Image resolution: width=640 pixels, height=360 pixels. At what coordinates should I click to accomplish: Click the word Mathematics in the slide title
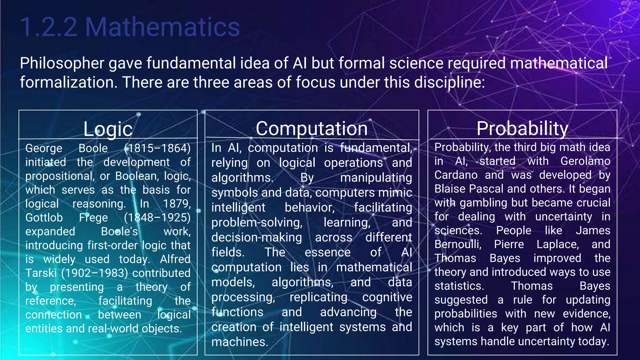coord(162,27)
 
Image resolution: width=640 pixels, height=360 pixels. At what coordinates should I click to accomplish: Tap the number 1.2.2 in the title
coord(49,27)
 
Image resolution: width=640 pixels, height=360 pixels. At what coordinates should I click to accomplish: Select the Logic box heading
coord(108,129)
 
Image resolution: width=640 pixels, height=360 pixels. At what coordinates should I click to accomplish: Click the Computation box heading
coord(312,128)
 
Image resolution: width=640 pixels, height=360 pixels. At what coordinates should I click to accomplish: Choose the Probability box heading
coord(522,128)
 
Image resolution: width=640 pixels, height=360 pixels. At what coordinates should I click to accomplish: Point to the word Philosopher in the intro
coord(62,63)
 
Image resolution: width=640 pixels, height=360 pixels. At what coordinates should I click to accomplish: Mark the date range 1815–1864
coord(157,148)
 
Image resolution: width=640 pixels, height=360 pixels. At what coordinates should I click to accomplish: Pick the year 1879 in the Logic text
coord(177,204)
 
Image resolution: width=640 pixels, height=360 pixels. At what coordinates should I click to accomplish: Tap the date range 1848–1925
coord(157,217)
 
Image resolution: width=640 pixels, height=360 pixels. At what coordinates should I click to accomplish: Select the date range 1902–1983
coord(95,273)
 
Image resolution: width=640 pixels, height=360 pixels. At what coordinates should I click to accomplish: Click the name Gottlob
coord(44,217)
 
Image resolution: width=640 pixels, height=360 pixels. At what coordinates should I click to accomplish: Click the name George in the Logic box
coord(44,148)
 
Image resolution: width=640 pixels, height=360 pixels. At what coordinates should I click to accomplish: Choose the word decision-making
coord(257,237)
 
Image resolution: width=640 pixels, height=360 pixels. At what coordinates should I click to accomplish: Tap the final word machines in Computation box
coord(239,342)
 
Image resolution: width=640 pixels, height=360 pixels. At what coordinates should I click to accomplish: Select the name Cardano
coord(456,175)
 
